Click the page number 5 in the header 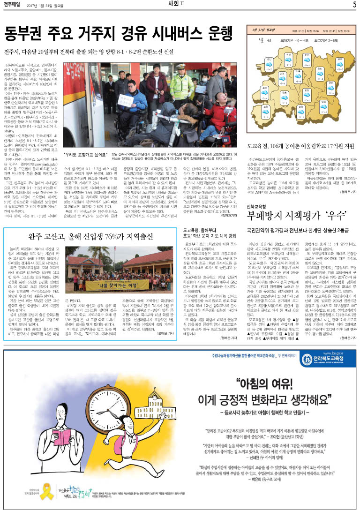(x=354, y=5)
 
